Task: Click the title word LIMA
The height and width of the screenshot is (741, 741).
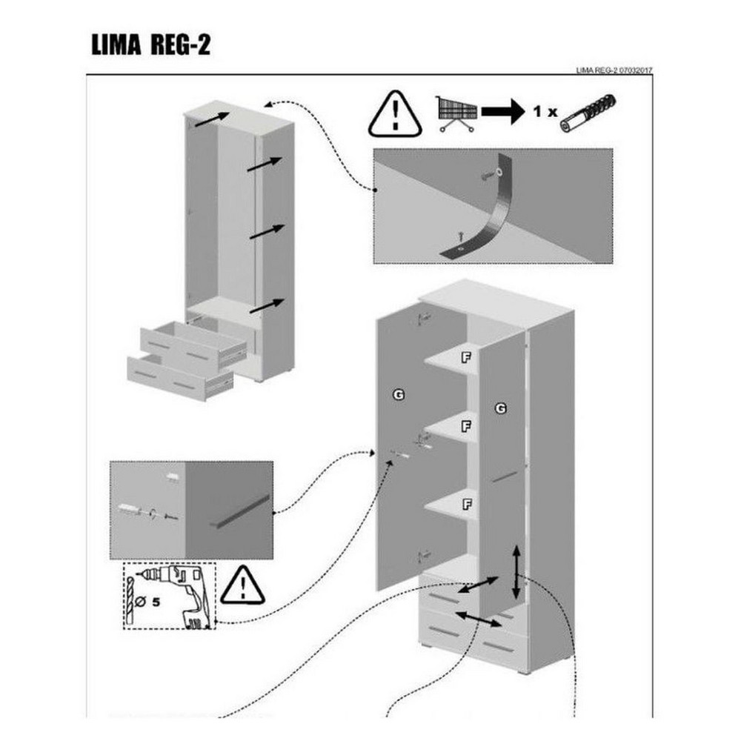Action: point(116,45)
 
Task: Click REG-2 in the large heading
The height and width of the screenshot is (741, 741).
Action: point(180,45)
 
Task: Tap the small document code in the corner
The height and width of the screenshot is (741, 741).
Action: point(614,70)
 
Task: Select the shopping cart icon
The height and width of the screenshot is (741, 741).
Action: point(456,113)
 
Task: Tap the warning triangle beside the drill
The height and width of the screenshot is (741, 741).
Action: point(242,585)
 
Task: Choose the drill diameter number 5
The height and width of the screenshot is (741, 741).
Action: point(156,602)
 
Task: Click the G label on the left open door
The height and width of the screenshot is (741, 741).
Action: point(399,394)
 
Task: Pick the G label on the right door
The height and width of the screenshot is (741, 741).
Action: point(501,408)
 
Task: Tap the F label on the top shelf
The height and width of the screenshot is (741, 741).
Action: point(466,357)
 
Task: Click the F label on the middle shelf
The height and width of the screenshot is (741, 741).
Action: point(466,427)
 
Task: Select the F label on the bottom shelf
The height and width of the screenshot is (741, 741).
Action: point(467,504)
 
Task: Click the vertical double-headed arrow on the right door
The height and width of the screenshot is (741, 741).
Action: point(516,572)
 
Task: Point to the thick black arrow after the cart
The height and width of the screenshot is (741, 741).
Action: point(503,112)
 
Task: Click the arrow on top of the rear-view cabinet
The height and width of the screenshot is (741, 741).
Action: point(212,119)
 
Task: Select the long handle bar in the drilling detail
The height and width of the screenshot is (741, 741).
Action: point(239,512)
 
